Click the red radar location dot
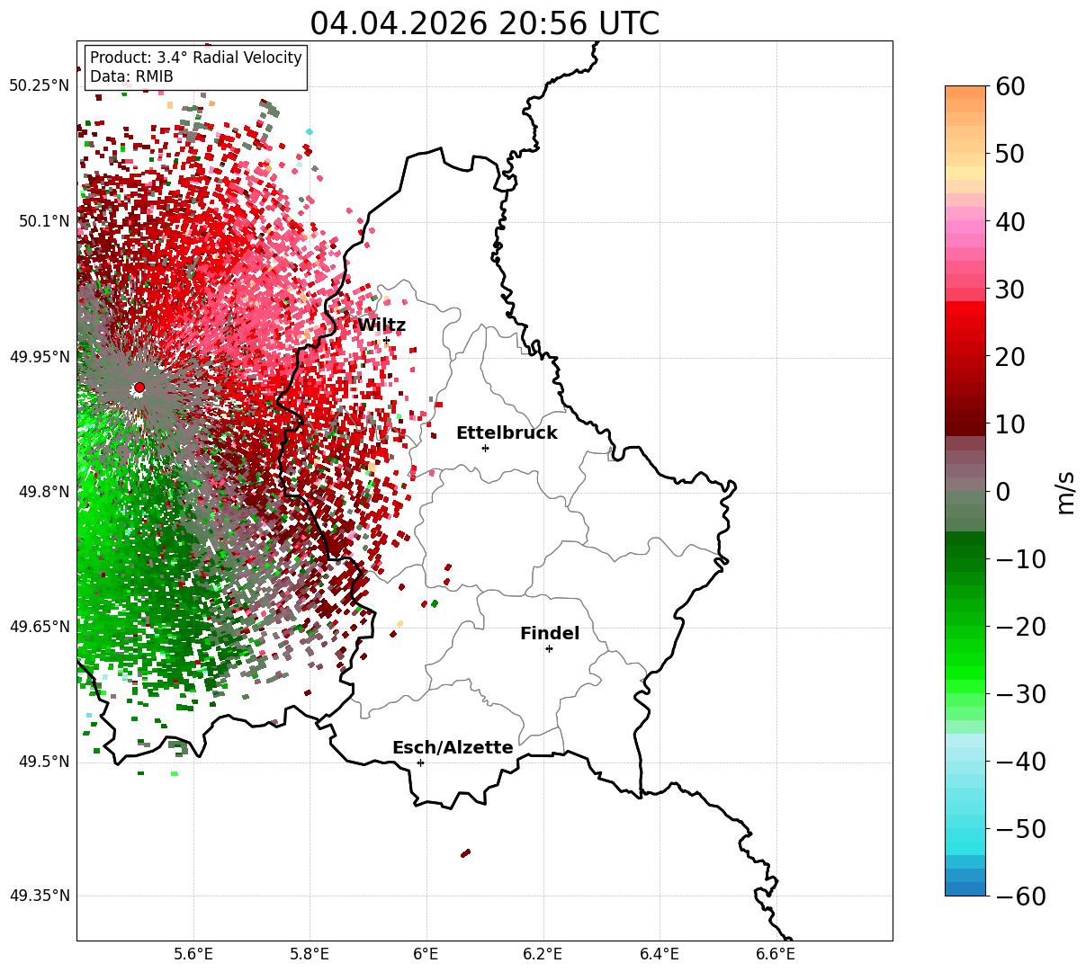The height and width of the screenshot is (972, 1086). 139,387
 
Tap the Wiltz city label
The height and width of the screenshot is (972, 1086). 381,325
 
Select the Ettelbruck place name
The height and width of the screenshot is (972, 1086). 507,432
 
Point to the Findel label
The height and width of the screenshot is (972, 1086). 550,633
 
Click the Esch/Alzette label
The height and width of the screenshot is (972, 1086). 453,747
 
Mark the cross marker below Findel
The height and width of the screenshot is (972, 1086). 549,649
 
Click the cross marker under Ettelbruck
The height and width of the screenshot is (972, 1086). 485,448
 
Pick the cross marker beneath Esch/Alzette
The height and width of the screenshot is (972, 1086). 420,762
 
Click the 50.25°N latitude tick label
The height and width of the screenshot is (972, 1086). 39,85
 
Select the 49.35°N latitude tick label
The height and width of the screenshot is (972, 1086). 39,896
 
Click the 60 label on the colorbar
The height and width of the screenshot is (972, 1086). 1010,86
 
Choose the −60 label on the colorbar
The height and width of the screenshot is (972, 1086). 1020,896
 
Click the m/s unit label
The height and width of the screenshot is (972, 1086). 1066,493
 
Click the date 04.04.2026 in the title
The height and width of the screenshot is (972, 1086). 399,23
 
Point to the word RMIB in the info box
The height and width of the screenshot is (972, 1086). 155,76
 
